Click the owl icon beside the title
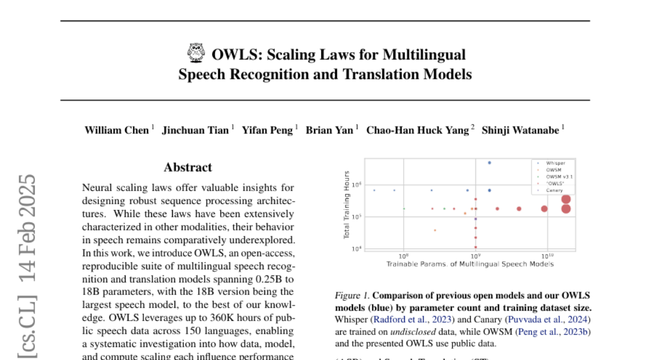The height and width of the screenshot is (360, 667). coord(196,53)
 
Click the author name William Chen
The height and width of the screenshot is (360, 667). coord(117,130)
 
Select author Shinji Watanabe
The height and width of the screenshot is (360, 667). coord(520,130)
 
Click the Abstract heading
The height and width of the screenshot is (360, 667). coord(188,167)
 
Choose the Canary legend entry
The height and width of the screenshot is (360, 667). coord(555,190)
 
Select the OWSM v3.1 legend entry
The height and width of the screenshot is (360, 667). coord(559,177)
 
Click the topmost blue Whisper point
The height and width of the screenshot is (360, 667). coord(489,163)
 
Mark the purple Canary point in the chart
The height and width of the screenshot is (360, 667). coord(476,219)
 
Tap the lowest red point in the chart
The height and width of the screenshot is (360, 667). coord(476,247)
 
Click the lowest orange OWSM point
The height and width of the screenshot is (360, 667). coord(435,230)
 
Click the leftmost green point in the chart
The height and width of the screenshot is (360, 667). coord(404,209)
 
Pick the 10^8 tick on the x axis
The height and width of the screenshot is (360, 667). coord(404,256)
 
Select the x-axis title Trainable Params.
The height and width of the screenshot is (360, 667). coord(470,264)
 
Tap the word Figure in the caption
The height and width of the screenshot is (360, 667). coord(346,295)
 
